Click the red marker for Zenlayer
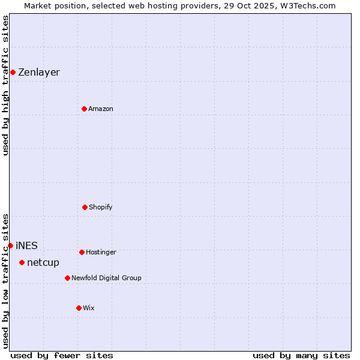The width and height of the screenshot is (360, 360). [x=13, y=72]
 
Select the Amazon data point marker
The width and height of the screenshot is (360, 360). [x=84, y=109]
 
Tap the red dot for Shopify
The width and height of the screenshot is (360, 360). [x=85, y=207]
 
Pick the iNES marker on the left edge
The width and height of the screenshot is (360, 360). [x=10, y=245]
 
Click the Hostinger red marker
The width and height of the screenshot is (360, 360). [x=82, y=252]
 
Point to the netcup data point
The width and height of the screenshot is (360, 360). [x=22, y=262]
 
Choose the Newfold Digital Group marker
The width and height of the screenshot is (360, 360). [x=67, y=278]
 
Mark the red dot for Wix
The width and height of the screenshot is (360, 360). [x=79, y=308]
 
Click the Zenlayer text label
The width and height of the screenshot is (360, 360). [x=39, y=72]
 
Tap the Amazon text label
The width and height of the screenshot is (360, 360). [x=101, y=109]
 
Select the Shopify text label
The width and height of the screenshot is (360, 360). [x=101, y=207]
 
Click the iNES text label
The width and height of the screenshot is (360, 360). [x=26, y=245]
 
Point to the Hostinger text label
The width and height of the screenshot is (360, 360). [x=101, y=252]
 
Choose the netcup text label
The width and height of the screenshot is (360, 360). [x=43, y=262]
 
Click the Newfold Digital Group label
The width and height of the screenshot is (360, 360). [x=106, y=278]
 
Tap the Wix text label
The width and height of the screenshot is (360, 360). [x=89, y=308]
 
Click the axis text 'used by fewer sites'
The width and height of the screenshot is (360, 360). [x=62, y=355]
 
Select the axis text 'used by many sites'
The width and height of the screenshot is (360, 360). [x=301, y=355]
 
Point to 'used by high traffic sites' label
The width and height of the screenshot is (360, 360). [x=5, y=85]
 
